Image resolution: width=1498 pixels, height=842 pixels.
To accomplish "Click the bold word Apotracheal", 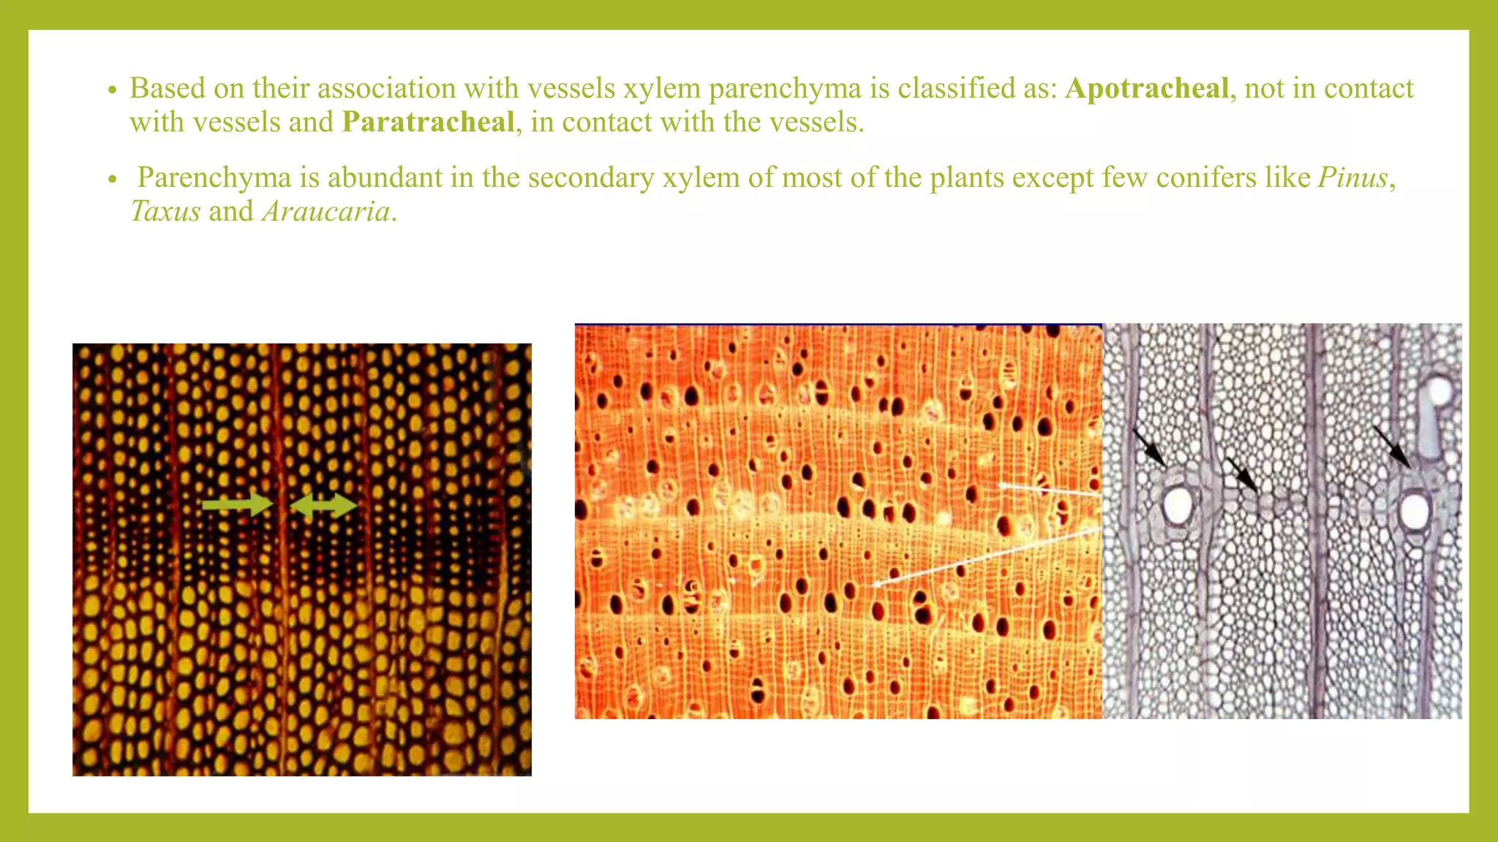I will [x=1146, y=88].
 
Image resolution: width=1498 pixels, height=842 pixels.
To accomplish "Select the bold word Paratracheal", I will [x=428, y=122].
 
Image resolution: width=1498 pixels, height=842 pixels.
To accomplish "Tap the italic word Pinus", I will [x=1352, y=178].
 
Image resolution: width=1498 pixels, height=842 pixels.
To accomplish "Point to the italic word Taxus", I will [x=165, y=211].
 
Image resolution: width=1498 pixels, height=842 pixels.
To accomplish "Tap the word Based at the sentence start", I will [x=168, y=88].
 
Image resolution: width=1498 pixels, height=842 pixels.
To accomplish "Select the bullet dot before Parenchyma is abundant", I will [x=112, y=179].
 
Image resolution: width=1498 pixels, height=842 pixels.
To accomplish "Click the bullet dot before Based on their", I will [x=112, y=90].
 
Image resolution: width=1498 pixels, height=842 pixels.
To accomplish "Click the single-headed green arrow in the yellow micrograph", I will [x=237, y=504].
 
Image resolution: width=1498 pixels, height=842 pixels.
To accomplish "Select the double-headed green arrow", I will [x=323, y=505].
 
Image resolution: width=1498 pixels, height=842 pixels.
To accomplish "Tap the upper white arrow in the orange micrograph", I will [x=1049, y=489].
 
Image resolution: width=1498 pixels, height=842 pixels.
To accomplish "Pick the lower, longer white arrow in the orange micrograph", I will [x=984, y=556].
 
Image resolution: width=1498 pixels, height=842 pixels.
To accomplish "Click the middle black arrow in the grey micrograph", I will [x=1241, y=474].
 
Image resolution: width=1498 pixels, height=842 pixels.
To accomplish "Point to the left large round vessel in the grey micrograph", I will [x=1178, y=505].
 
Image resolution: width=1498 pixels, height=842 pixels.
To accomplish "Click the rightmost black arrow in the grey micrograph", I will [x=1392, y=447].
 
